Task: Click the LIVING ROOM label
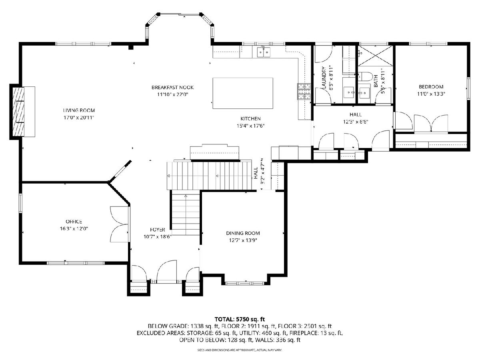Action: (x=79, y=110)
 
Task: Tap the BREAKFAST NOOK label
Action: (x=172, y=88)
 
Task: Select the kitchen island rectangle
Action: (x=243, y=93)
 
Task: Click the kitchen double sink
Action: (x=264, y=52)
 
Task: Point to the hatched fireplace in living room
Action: (x=18, y=112)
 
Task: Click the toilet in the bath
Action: (x=365, y=76)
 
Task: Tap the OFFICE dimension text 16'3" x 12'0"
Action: (x=74, y=229)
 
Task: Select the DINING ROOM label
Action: (x=243, y=233)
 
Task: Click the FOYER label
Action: (x=158, y=230)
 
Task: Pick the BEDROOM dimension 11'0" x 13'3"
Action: (x=431, y=94)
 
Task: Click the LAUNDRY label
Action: (x=324, y=78)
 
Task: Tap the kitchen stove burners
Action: (x=304, y=91)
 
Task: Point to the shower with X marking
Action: (x=375, y=56)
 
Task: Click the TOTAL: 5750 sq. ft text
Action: (x=240, y=319)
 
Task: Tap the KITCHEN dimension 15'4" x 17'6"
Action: (x=251, y=126)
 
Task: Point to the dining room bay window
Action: (x=246, y=284)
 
